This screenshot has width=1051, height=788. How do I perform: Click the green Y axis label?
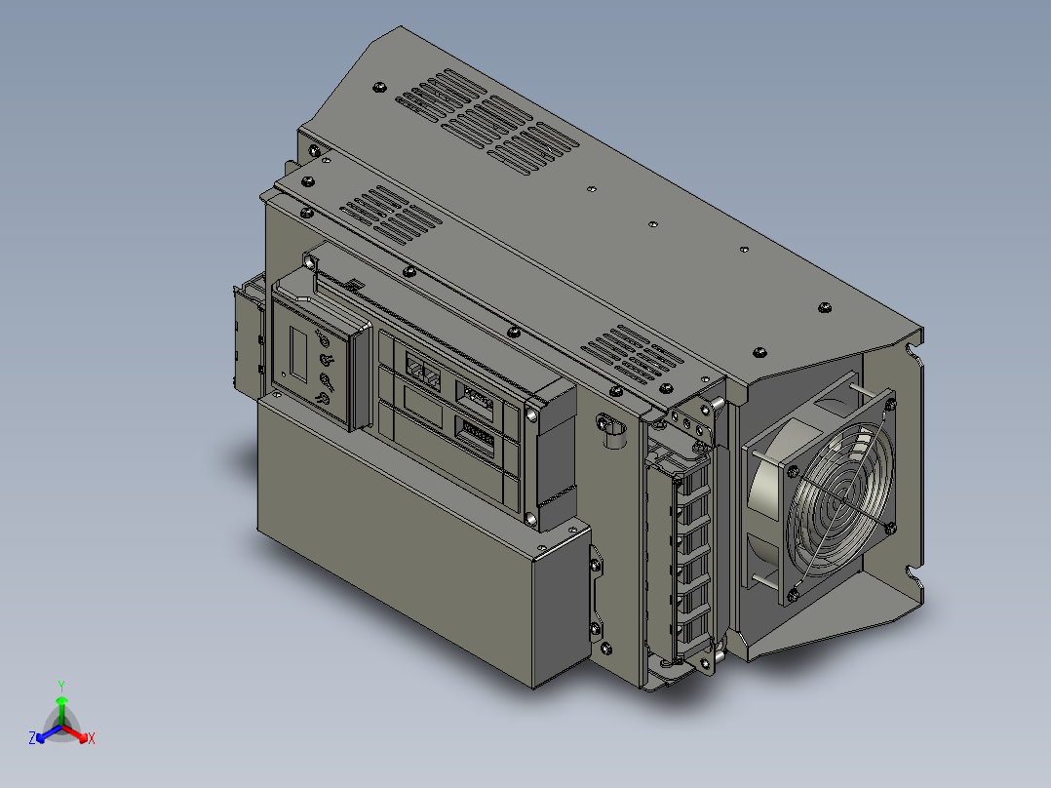pos(61,686)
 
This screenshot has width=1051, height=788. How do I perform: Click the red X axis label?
pos(92,738)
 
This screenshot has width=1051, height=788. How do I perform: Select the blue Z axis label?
pos(32,737)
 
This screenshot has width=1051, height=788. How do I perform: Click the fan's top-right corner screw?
pos(890,404)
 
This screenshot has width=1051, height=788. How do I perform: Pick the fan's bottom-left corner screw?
pos(793,594)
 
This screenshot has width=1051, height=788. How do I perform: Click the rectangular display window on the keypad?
pos(299,355)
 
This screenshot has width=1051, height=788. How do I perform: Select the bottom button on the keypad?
pos(323,400)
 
